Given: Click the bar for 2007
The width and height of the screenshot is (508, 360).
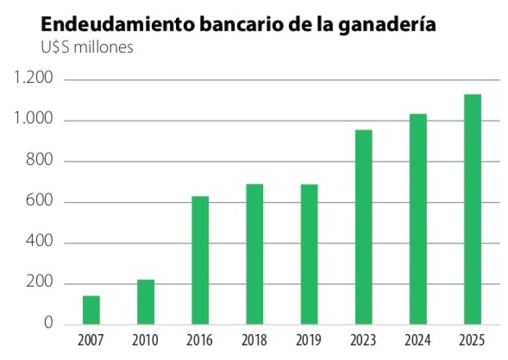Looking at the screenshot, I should pos(91,310).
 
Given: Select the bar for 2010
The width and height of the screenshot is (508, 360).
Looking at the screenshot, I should pos(146,301).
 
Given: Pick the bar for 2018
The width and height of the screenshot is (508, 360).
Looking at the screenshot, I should pos(255,254).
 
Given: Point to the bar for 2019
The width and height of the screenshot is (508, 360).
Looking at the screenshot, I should pos(309,254).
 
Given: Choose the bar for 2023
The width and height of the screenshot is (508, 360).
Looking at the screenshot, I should pos(363,227).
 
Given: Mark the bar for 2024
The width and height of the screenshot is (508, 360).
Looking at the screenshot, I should pos(418,219).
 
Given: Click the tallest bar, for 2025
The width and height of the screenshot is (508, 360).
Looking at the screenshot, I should pos(472,209).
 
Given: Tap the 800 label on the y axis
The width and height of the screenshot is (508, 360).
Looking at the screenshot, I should pos(42,162).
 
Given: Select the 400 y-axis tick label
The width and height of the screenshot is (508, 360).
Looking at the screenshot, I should pos(42,243).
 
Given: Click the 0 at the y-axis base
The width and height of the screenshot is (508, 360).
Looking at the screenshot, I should pos(48,324).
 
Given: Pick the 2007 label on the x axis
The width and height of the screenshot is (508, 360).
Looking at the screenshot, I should pos(91,341).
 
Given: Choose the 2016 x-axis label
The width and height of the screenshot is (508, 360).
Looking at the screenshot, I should pos(200,341).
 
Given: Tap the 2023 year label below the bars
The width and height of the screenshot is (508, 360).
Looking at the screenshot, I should pos(363,341).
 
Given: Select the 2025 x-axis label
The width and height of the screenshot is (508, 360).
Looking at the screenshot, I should pos(472,341).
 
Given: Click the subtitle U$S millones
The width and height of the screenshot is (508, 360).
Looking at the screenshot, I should pos(86,47).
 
